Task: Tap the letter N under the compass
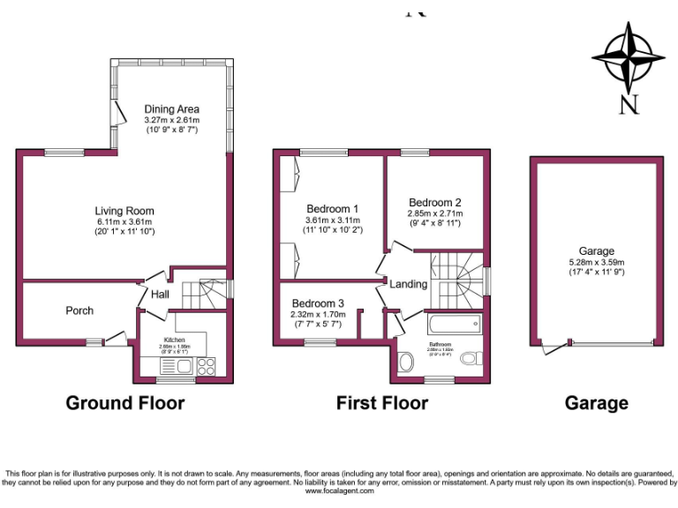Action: pos(628,106)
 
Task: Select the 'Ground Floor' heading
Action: pos(125,403)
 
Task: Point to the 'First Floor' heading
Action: pos(382,403)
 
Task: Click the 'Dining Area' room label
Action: pos(172,109)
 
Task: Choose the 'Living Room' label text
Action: pos(124,211)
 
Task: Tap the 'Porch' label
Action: pos(79,310)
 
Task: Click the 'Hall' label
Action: pos(160,294)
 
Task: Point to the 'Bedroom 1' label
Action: pos(333,208)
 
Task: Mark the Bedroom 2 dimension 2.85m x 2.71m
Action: pos(434,213)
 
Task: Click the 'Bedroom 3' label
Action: pos(318,303)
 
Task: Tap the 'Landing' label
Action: pos(409,284)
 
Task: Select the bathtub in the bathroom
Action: pos(454,324)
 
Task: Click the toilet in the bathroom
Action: pos(471,358)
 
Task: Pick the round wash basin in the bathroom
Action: pos(406,362)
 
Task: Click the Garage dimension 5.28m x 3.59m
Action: pos(597,262)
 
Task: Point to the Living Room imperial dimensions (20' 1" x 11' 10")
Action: pos(124,232)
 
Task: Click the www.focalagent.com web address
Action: pos(339,491)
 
